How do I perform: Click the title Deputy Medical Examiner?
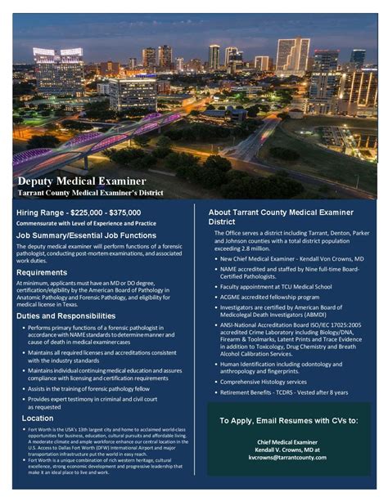coord(82,180)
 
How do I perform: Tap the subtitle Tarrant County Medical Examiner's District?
coord(91,193)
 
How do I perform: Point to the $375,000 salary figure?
coord(136,212)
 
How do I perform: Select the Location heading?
coord(38,418)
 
